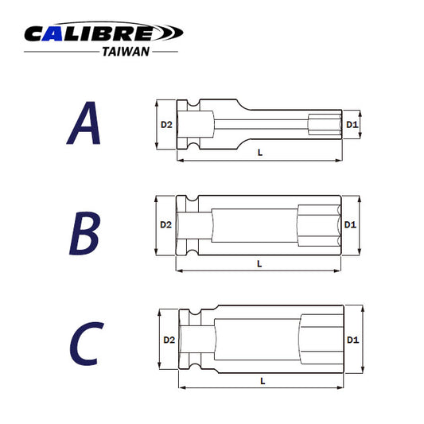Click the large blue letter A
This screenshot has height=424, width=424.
coord(84,124)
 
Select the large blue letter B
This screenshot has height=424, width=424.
coord(83,232)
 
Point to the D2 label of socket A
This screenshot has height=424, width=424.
coord(166,125)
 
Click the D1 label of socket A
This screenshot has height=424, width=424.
coord(352,125)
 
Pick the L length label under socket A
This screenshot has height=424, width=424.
coord(260,151)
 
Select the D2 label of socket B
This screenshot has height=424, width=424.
coord(165,225)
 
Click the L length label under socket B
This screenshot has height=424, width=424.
coord(260,263)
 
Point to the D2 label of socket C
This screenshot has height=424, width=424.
coord(169,340)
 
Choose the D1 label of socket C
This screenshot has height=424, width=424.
coord(352,340)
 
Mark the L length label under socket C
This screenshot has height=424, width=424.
coord(263,380)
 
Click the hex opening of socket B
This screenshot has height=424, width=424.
coord(318,225)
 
